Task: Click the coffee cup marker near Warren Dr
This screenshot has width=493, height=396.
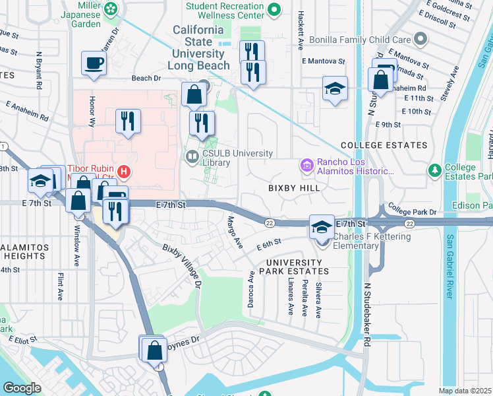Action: tap(94, 65)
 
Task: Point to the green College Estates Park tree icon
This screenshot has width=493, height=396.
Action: tap(434, 172)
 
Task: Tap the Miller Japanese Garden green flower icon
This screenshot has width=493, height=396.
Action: tap(112, 8)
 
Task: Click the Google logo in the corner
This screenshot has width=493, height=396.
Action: tap(22, 388)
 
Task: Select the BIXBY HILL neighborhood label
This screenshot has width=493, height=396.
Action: tap(293, 188)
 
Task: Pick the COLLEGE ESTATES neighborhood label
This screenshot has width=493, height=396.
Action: tap(384, 145)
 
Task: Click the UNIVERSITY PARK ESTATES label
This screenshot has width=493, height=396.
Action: tap(293, 267)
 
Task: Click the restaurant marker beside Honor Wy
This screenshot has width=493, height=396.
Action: tap(127, 121)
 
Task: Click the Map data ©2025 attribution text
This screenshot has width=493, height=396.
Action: tap(465, 391)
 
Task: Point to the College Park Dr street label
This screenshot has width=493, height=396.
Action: tap(413, 212)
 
